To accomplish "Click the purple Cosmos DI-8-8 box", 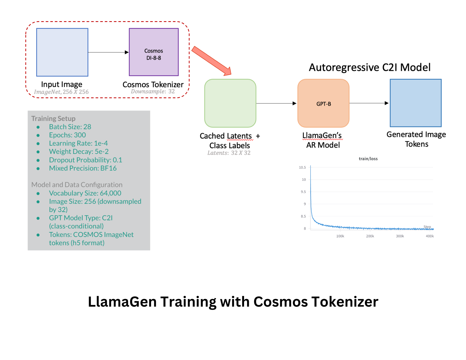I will point(154,52).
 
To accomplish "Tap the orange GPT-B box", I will point(323,103).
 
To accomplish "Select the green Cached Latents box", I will point(230,103).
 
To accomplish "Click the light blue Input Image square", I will point(62,52).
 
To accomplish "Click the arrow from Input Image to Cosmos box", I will point(108,52).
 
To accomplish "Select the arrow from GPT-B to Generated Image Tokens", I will point(369,103).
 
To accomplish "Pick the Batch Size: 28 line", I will point(70,127).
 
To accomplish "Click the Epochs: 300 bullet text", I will point(67,135).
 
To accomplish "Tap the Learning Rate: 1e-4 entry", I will point(78,143).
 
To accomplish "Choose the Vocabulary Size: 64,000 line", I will point(85,193).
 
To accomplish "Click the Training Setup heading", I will point(53,118).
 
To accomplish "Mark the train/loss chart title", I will point(368,159).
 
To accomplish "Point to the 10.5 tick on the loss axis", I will point(302,167).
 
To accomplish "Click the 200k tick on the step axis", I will point(370,236).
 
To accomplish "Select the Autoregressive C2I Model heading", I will point(369,67).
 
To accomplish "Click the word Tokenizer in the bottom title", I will point(345,302).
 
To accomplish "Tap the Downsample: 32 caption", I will point(153,91).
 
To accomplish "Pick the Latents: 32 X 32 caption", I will point(229,153).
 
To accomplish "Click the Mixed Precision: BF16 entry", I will point(83,168).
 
